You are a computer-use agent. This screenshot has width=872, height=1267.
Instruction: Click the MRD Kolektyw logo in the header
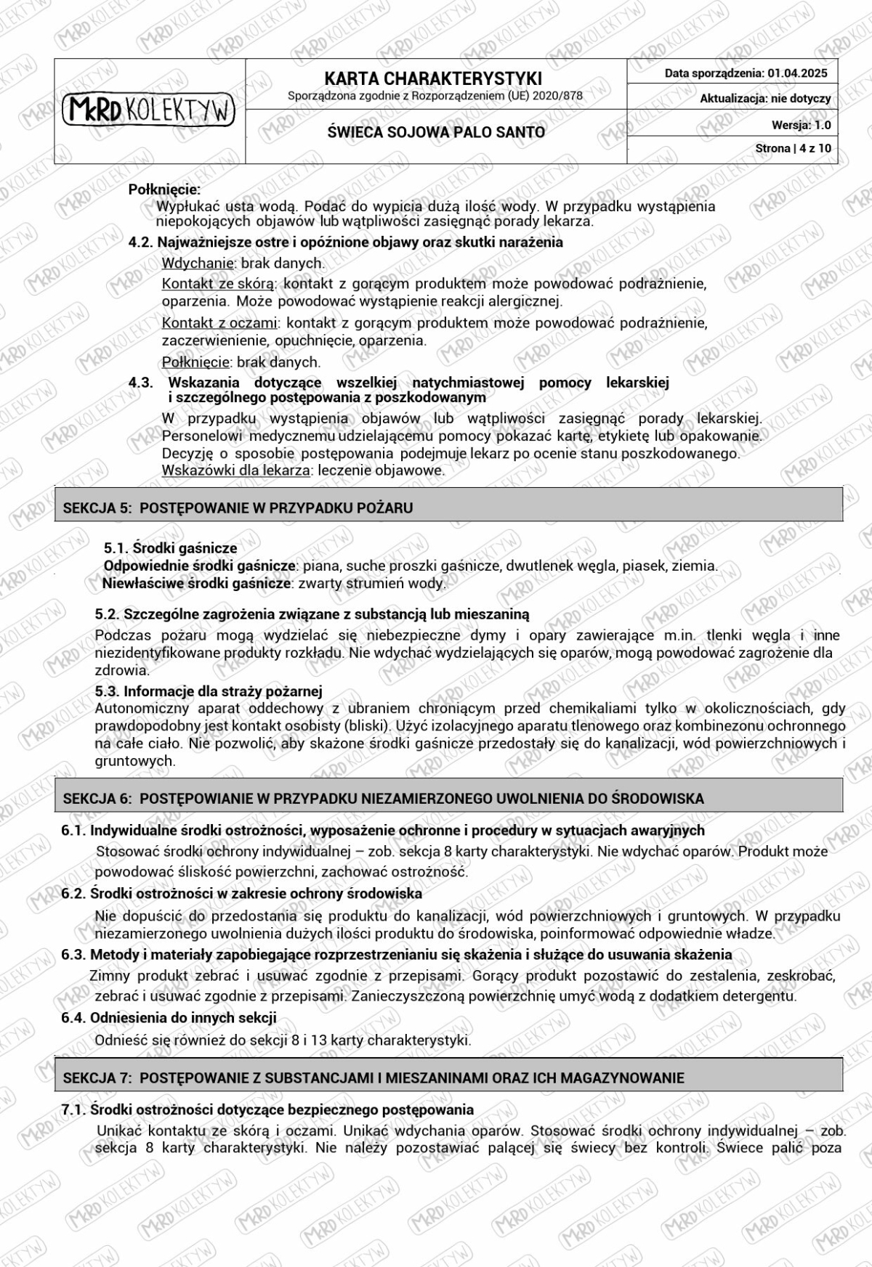click(149, 110)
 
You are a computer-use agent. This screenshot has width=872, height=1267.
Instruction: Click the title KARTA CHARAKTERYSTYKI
click(433, 78)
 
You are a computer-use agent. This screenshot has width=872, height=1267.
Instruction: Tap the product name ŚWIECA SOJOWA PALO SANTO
click(436, 132)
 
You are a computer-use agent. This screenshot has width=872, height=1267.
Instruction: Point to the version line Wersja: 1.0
click(801, 125)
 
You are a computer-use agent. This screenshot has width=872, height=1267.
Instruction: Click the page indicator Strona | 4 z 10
click(793, 148)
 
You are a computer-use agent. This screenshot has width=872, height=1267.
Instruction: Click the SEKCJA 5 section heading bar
click(448, 508)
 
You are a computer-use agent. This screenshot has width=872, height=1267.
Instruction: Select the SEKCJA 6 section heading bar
click(448, 798)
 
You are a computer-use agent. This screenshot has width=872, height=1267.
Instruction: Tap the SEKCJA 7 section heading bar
click(448, 1077)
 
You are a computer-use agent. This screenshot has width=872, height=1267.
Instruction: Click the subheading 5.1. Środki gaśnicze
click(170, 548)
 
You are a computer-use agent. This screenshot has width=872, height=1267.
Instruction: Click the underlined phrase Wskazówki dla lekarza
click(235, 470)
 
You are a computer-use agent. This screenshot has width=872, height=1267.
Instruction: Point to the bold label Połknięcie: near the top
click(164, 190)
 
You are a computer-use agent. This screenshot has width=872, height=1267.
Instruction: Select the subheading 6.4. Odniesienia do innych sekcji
click(169, 1018)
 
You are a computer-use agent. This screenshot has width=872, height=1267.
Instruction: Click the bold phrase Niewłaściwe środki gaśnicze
click(196, 583)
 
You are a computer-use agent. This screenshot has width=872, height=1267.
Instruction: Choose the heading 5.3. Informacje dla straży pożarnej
click(209, 690)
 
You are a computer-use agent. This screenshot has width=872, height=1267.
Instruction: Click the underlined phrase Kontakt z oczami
click(219, 322)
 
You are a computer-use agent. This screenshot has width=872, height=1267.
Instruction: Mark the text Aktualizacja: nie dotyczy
click(765, 99)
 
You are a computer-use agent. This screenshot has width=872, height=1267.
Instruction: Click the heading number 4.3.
click(141, 383)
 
